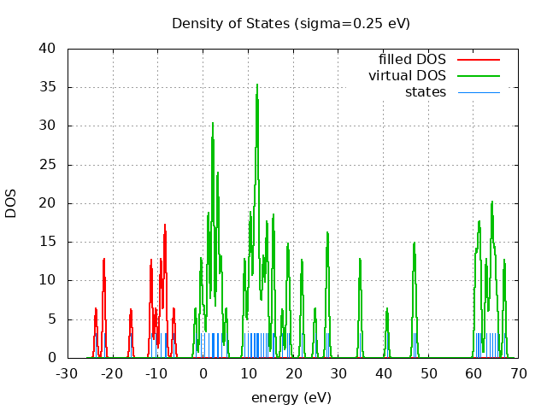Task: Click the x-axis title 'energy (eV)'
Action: pos(291,397)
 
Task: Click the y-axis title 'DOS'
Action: pos(11,203)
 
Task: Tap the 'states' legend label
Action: pos(425,91)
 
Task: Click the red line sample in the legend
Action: pos(478,60)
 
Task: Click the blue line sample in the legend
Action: pos(478,92)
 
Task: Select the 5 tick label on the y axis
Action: pos(52,319)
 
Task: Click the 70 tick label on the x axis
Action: pos(518,373)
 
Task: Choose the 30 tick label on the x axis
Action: pos(338,373)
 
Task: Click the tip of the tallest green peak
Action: pos(257,84)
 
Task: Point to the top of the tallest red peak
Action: pos(165,225)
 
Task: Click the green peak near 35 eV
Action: pos(360,258)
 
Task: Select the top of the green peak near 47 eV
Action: pos(415,243)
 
